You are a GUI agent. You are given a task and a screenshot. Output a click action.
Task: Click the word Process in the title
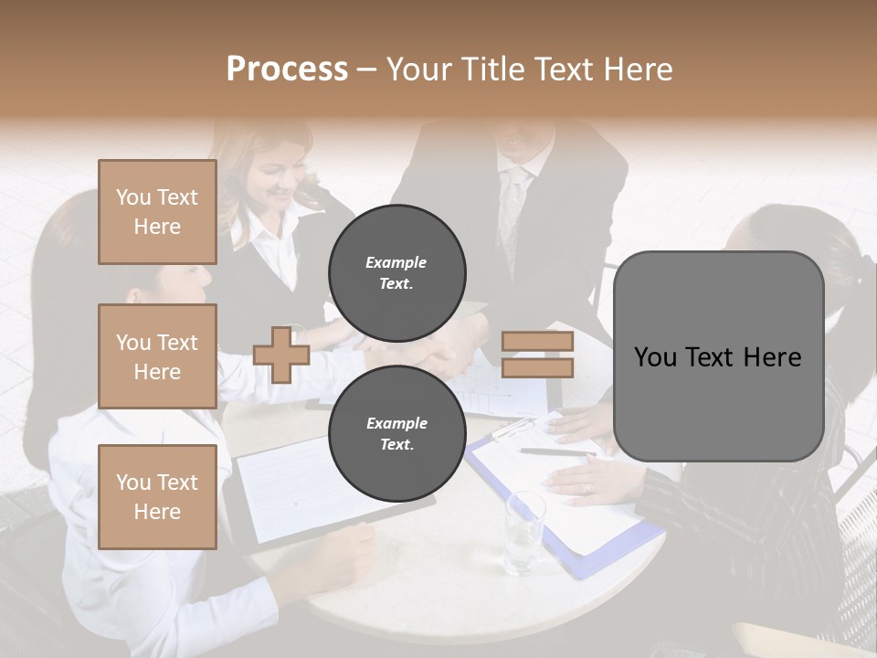click(287, 69)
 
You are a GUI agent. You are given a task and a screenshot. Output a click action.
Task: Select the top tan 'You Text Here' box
click(157, 212)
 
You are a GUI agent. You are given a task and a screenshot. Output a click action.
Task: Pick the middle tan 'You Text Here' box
click(157, 356)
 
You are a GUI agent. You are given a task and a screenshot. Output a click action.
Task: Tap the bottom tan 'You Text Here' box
click(157, 496)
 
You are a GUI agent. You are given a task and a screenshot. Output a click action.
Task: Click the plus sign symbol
click(281, 355)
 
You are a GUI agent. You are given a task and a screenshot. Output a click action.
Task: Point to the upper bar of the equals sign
click(537, 342)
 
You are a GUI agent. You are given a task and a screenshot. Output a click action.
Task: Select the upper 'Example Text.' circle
click(396, 272)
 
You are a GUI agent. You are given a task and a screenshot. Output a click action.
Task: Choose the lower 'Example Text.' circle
click(396, 433)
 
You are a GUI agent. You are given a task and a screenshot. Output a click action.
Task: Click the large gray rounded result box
click(718, 356)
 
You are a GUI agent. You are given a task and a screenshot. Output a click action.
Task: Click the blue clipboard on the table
click(566, 512)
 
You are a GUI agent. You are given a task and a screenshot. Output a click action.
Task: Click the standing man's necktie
click(514, 215)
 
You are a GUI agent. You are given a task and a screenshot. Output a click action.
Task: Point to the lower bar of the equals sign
click(537, 368)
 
